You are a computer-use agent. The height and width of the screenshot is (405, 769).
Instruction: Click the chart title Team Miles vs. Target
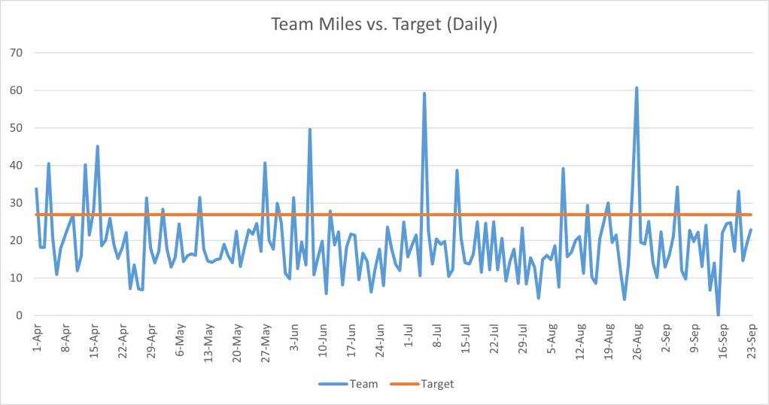click(384, 24)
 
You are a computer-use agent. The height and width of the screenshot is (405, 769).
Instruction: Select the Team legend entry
click(363, 384)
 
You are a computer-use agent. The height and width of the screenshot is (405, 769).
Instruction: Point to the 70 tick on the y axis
click(17, 53)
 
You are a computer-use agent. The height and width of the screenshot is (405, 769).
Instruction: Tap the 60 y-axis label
click(17, 90)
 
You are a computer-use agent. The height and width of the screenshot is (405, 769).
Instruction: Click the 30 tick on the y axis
click(17, 202)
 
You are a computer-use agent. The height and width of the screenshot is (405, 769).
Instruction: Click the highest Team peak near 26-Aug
click(637, 88)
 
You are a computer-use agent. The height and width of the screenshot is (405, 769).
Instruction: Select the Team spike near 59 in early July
click(424, 94)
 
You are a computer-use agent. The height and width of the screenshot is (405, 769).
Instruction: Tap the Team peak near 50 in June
click(310, 129)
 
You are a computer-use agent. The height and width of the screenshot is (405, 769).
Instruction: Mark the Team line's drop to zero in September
click(719, 315)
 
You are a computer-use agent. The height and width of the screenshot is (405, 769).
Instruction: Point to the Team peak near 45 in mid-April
click(97, 147)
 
